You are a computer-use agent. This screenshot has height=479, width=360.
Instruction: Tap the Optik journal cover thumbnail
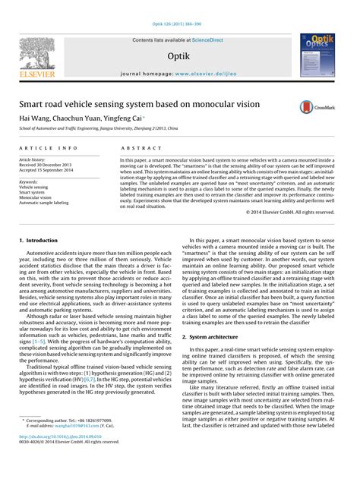[x=321, y=55]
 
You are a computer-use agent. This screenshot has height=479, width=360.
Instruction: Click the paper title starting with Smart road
[x=139, y=103]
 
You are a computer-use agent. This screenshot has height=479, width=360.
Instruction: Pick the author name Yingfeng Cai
[x=120, y=118]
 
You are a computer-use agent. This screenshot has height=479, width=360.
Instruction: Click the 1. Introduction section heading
[x=38, y=240]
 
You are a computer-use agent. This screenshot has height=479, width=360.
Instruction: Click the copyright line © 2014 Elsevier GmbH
[x=292, y=212]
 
